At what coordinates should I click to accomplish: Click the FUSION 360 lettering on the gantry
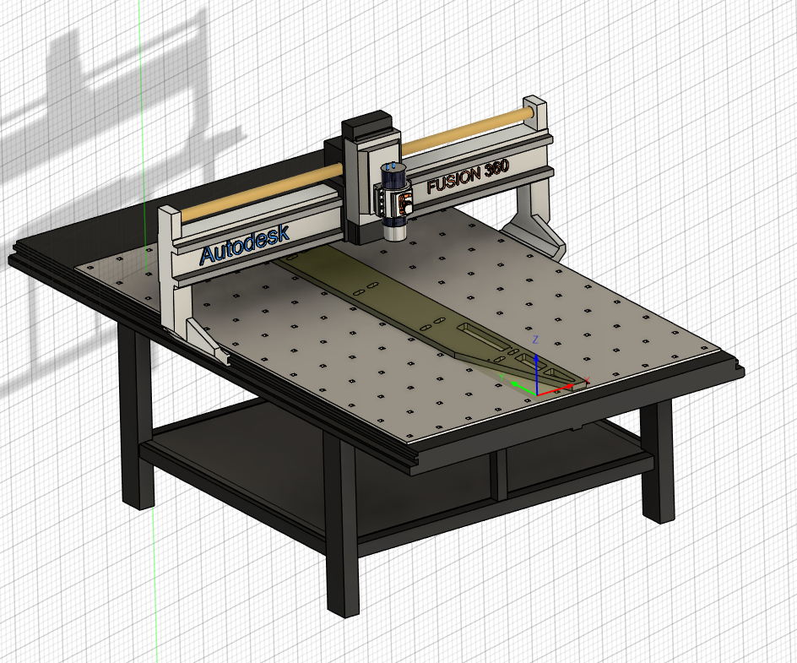click(x=468, y=177)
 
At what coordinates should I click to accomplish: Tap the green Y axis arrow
click(x=523, y=388)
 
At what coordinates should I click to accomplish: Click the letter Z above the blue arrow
click(x=535, y=340)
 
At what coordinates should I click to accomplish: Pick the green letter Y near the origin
click(x=502, y=377)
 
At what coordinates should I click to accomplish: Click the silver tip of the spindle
click(x=395, y=232)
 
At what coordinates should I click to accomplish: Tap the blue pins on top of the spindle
click(x=392, y=166)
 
